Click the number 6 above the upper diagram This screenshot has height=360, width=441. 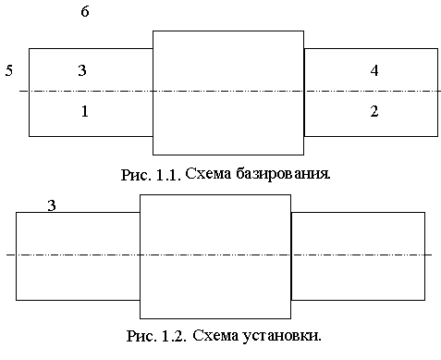pyautogui.click(x=85, y=11)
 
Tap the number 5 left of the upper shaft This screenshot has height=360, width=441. pyautogui.click(x=9, y=70)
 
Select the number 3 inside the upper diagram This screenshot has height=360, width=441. pyautogui.click(x=82, y=70)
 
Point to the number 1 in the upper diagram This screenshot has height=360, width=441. pyautogui.click(x=85, y=111)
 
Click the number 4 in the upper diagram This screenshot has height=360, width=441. pyautogui.click(x=374, y=70)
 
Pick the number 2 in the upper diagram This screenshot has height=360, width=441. pyautogui.click(x=374, y=111)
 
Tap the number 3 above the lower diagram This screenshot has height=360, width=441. pyautogui.click(x=52, y=205)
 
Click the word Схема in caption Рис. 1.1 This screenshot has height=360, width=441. pyautogui.click(x=208, y=174)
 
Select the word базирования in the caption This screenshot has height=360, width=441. pyautogui.click(x=283, y=174)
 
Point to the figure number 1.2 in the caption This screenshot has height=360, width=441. pyautogui.click(x=174, y=336)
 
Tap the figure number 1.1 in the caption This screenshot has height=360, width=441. pyautogui.click(x=168, y=175)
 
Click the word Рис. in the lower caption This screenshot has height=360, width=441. pyautogui.click(x=142, y=336)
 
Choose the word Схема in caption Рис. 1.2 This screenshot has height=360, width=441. pyautogui.click(x=215, y=335)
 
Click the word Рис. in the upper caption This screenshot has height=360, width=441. pyautogui.click(x=136, y=175)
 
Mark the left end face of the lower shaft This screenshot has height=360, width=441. pyautogui.click(x=16, y=256)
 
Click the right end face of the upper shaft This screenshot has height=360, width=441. pyautogui.click(x=437, y=93)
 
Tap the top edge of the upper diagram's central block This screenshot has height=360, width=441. pyautogui.click(x=228, y=31)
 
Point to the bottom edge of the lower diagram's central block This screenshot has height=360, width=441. pyautogui.click(x=215, y=318)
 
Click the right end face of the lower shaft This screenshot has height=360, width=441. pyautogui.click(x=424, y=256)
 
